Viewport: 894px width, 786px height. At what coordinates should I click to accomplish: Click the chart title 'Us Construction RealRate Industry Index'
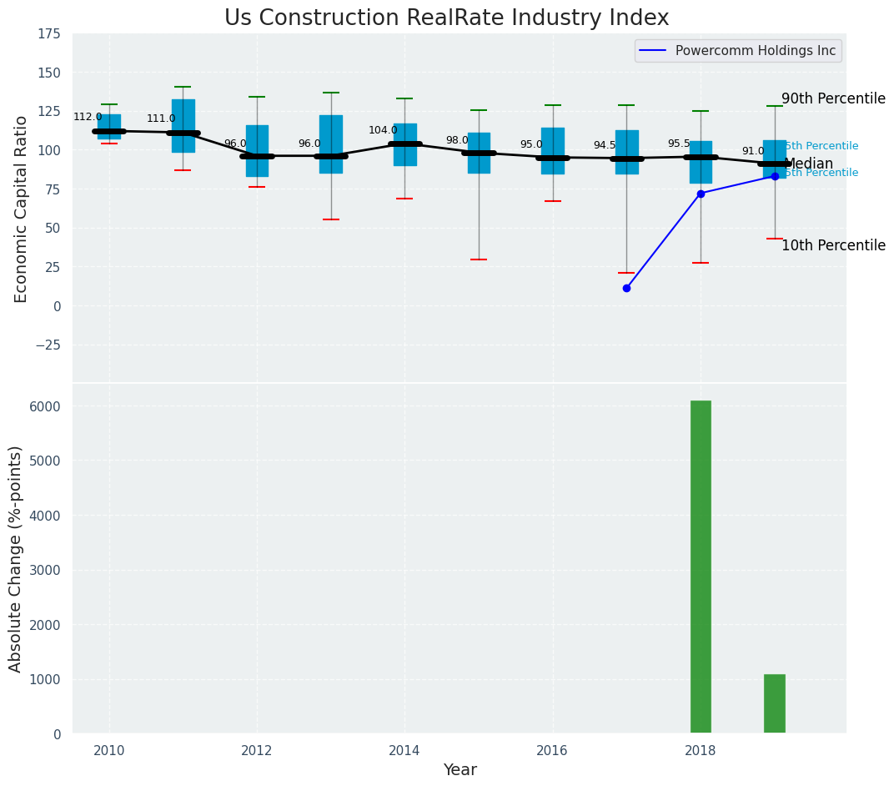pos(446,18)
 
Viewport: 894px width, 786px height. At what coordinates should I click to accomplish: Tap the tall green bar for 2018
pos(701,567)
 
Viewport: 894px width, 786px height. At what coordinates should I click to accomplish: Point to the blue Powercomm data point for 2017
pos(626,288)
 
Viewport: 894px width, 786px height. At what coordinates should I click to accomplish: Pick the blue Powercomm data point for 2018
pos(701,194)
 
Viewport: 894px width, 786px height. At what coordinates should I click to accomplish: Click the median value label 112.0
pos(88,118)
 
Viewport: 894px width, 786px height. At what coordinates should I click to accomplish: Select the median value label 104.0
pos(383,131)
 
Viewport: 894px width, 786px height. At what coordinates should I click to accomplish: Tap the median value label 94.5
pos(605,146)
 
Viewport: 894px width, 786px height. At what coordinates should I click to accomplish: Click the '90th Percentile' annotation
pos(833,98)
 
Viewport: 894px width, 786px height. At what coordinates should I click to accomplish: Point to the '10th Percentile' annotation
pos(833,245)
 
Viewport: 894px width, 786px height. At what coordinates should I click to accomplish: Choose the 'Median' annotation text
pos(809,164)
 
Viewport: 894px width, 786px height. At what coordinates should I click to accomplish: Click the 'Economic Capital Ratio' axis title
pos(22,209)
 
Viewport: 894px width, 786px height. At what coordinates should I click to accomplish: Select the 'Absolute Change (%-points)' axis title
pos(16,558)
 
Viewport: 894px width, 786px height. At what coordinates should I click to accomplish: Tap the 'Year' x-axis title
pos(460,770)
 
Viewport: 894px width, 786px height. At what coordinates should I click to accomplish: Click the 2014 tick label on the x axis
pos(404,750)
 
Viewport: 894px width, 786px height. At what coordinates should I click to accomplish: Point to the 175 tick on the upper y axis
pos(48,33)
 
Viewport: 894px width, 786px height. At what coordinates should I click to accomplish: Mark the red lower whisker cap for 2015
pos(479,259)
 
